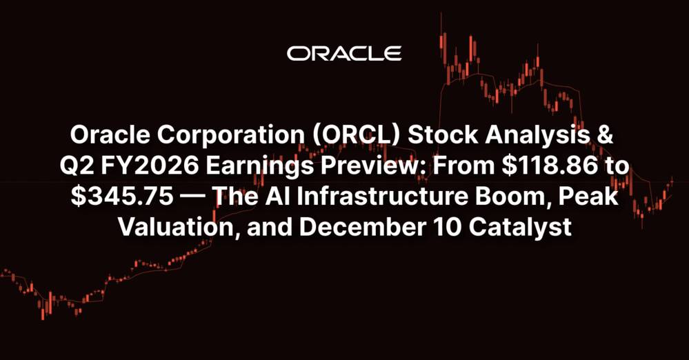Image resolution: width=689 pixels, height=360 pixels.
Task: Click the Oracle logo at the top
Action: click(344, 54)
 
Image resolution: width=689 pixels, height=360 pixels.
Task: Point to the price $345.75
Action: click(122, 197)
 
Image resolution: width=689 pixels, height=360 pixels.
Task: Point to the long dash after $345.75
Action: click(194, 197)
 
